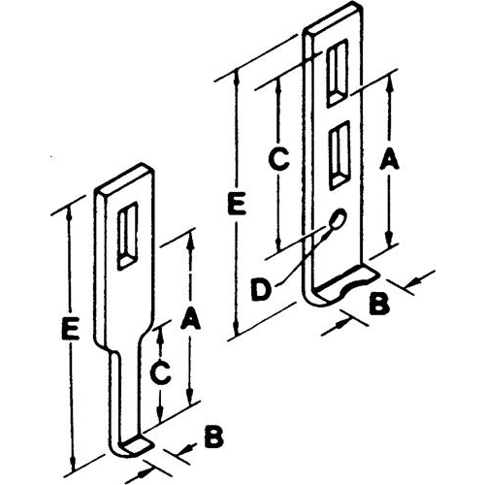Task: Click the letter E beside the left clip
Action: click(71, 329)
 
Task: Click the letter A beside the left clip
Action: click(190, 318)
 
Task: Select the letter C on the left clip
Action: click(160, 373)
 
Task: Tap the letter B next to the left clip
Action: click(213, 437)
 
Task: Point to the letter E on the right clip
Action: click(237, 204)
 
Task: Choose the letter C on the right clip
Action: click(278, 159)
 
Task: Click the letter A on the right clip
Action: click(389, 158)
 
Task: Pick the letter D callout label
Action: click(261, 290)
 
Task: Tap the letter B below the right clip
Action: click(378, 304)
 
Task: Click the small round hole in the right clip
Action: click(338, 218)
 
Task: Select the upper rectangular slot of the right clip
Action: click(338, 73)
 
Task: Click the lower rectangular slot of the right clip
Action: click(339, 155)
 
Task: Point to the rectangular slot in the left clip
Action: click(128, 236)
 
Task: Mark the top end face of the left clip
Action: click(124, 178)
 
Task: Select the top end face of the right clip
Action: click(333, 18)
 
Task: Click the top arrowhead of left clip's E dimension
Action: click(69, 215)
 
